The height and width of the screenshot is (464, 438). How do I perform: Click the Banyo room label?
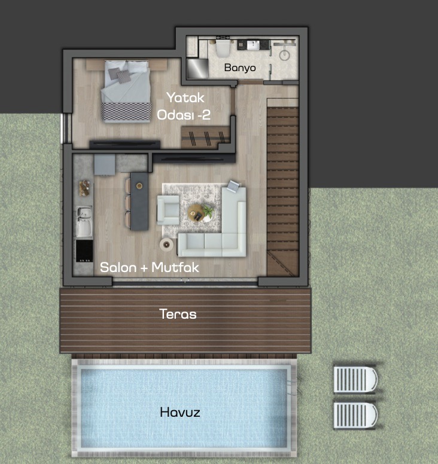[x=240, y=68]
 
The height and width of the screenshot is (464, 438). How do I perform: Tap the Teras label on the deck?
[x=178, y=314]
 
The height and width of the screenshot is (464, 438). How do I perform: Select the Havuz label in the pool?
[x=180, y=412]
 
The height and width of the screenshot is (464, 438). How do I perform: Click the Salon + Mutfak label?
[x=149, y=267]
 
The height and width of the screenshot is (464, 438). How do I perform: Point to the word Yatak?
[x=185, y=97]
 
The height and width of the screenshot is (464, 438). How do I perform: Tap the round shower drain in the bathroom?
[x=285, y=55]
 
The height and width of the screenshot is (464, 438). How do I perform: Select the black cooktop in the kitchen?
[x=84, y=251]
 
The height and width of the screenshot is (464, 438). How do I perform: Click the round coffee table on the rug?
[x=196, y=212]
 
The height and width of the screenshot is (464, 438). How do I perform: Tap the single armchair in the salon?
[x=168, y=210]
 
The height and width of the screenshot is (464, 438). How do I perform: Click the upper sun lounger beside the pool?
[x=355, y=380]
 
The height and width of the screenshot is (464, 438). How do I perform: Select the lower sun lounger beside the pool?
[x=355, y=415]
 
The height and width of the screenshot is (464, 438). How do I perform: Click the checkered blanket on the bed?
[x=126, y=112]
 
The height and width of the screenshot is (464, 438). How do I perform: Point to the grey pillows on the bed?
[x=120, y=75]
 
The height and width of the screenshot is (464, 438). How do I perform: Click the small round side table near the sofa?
[x=166, y=245]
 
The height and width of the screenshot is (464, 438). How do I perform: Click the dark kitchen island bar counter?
[x=139, y=202]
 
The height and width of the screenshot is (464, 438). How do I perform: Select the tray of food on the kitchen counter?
[x=84, y=188]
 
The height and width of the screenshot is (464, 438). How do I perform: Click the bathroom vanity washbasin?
[x=253, y=45]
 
